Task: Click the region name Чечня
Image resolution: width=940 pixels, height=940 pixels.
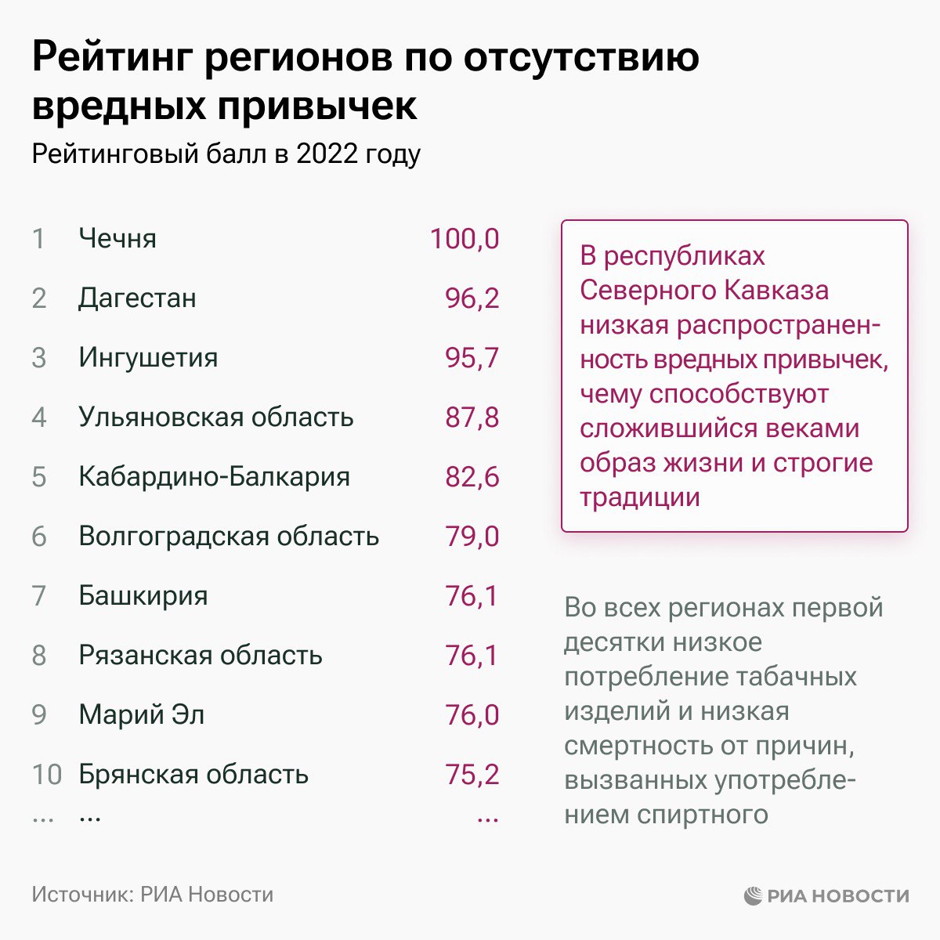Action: (117, 238)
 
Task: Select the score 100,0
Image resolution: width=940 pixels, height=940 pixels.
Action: (464, 238)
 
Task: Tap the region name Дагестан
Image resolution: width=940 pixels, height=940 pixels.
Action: (137, 298)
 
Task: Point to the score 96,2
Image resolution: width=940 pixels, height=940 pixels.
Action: (472, 298)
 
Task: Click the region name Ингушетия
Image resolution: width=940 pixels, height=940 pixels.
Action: (148, 357)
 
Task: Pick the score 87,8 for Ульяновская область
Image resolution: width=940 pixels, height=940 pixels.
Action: (472, 417)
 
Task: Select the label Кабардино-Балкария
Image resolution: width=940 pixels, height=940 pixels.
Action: (214, 476)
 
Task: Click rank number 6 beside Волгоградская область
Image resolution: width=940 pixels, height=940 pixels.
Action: (39, 537)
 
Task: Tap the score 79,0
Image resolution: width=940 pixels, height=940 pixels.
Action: (472, 537)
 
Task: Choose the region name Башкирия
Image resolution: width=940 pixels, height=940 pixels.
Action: (143, 595)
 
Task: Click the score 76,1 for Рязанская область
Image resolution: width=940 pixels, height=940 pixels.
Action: (472, 655)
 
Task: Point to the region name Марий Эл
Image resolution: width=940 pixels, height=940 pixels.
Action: (141, 714)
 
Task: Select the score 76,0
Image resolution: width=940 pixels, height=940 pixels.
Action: (472, 714)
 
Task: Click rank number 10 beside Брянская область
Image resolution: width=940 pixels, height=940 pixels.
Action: (46, 774)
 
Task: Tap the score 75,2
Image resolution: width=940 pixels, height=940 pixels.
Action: (472, 774)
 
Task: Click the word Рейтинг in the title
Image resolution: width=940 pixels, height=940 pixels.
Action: (110, 59)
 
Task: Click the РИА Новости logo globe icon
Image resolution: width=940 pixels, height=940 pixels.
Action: (753, 895)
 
